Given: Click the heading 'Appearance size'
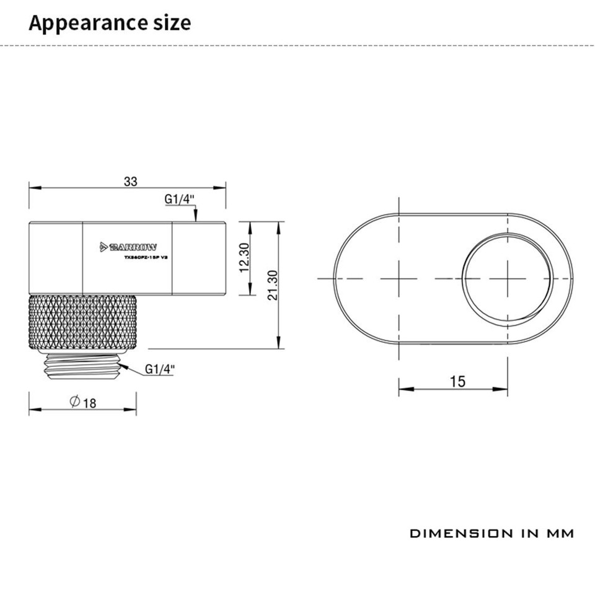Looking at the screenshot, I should point(110,23).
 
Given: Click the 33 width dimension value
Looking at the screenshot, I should point(130,182).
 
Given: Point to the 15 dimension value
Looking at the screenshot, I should point(457,381).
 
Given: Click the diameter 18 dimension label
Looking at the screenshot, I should point(83,403).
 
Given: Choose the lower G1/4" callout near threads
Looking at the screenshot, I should point(160,369).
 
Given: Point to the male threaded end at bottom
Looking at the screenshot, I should point(82,366).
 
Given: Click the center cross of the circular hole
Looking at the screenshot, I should point(508,278).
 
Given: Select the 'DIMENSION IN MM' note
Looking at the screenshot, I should point(491,533).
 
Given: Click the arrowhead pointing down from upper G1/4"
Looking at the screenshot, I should point(195,216).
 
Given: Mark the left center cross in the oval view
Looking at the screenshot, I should point(399,278).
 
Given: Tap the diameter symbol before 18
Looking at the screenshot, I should point(74,403).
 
